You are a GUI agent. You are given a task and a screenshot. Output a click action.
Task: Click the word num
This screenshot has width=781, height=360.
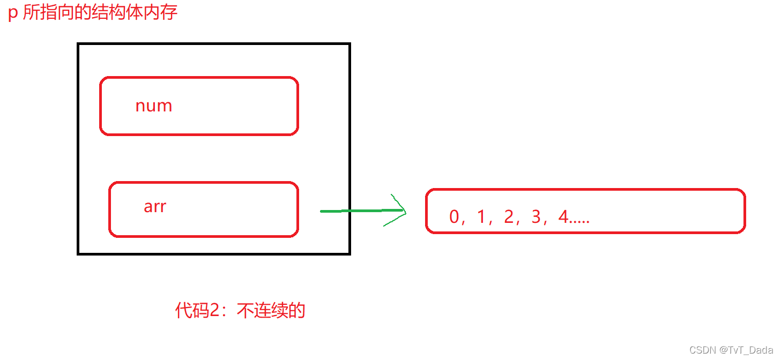154,106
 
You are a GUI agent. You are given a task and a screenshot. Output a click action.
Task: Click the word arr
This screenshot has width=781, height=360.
155,206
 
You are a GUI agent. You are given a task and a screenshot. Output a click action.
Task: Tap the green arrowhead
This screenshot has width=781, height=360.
399,211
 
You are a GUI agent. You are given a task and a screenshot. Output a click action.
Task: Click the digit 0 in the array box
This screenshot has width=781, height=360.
455,217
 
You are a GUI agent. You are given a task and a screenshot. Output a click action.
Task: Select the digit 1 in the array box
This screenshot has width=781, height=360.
481,217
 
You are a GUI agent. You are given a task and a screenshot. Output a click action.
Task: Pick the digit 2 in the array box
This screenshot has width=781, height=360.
509,217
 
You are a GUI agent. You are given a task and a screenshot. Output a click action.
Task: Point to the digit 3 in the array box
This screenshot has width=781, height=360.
536,217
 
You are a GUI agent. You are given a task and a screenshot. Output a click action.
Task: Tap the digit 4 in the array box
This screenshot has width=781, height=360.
562,217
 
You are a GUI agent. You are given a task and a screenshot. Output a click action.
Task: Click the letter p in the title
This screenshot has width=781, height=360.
13,12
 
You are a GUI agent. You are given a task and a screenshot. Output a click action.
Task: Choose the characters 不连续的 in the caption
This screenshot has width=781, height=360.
271,310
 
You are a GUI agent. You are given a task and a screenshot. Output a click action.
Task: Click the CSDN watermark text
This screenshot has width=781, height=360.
702,350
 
